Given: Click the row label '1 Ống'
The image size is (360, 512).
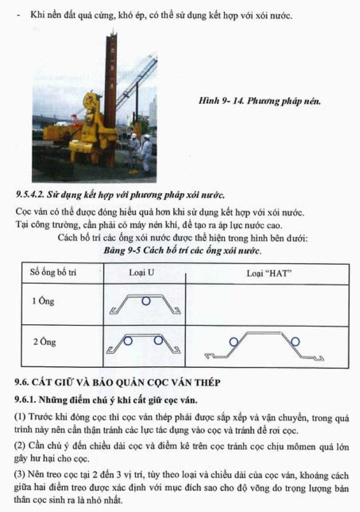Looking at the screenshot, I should point(43,301).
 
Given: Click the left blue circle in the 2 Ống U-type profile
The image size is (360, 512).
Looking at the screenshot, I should point(128,341).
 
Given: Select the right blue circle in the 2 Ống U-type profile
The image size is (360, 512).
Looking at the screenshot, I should point(158,341).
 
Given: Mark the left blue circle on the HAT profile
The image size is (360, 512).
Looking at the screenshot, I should point(234,342).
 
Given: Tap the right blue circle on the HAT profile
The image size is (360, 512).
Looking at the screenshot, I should point(296,342).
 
